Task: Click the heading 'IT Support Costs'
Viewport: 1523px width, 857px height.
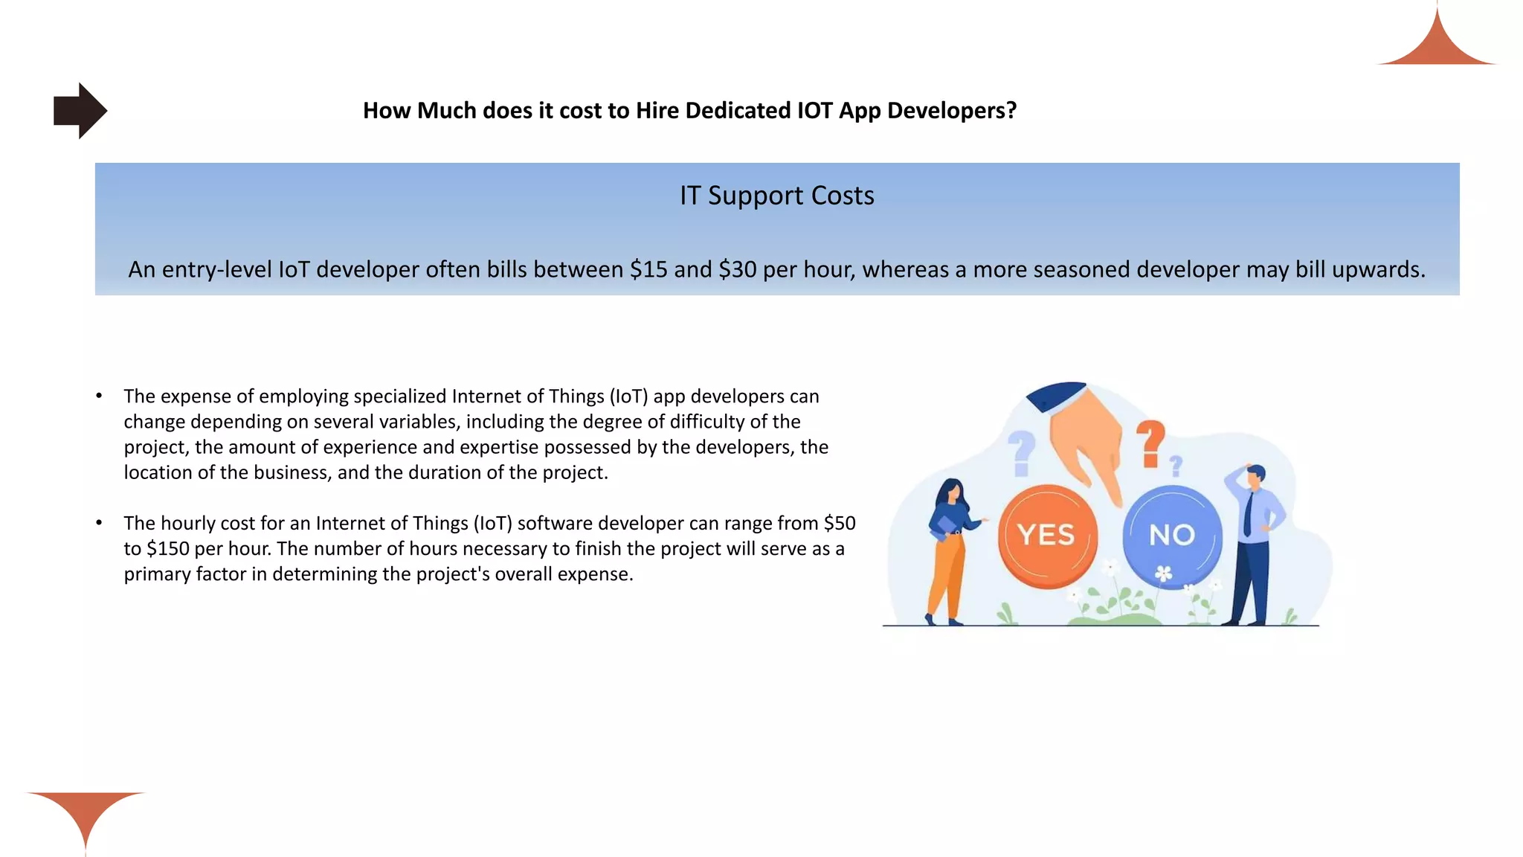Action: pos(776,196)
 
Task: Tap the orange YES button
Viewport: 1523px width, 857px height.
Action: pos(1047,535)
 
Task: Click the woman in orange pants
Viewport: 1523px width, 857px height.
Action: pos(948,551)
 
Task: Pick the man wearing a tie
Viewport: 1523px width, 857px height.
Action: pos(1255,543)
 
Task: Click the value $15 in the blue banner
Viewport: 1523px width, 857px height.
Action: pos(648,269)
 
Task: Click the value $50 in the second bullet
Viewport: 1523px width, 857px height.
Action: pos(840,524)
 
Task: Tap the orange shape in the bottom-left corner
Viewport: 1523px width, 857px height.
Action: pos(86,815)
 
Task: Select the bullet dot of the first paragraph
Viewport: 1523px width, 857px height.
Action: pos(99,397)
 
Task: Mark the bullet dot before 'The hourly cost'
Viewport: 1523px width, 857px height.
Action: pos(99,524)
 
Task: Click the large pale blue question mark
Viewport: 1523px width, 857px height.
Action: pos(1022,452)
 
